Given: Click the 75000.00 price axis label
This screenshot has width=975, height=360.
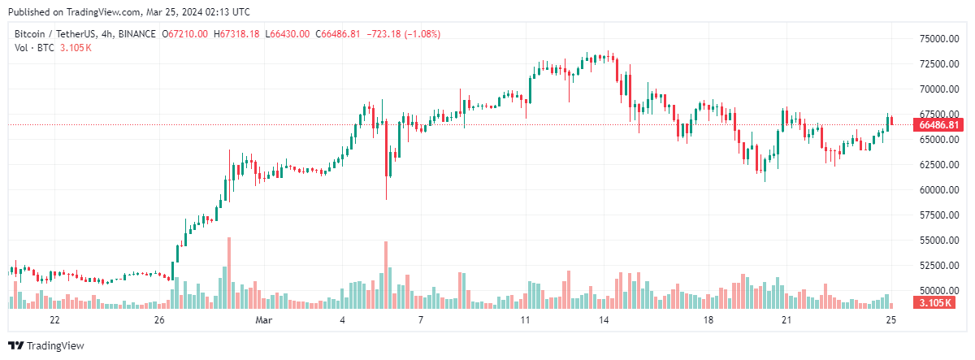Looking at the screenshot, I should (936, 39).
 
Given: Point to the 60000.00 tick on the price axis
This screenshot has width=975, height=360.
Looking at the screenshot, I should (936, 190).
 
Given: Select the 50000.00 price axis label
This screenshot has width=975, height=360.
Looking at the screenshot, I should (936, 291).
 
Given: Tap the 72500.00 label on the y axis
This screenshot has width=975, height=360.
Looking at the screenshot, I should (936, 64).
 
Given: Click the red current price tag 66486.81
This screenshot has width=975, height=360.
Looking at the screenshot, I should (938, 125).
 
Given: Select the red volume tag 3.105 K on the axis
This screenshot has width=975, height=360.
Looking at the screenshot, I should (938, 303).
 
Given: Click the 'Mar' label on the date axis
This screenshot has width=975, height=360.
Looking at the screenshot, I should (262, 321).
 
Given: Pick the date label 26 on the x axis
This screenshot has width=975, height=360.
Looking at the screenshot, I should (159, 321).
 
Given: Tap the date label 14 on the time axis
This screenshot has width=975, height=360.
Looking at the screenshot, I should (604, 321).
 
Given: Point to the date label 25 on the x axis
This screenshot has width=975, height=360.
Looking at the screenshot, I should (890, 321).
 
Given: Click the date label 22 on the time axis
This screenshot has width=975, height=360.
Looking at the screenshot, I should (55, 321).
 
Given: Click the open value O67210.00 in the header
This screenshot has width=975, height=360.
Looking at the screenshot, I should (185, 33).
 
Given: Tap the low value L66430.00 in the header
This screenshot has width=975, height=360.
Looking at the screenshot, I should (288, 33).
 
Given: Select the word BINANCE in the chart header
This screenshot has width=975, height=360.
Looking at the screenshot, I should (136, 33).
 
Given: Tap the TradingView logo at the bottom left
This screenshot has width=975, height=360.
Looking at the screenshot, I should (46, 345).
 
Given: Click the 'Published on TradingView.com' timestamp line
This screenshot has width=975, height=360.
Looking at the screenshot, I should (128, 12).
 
